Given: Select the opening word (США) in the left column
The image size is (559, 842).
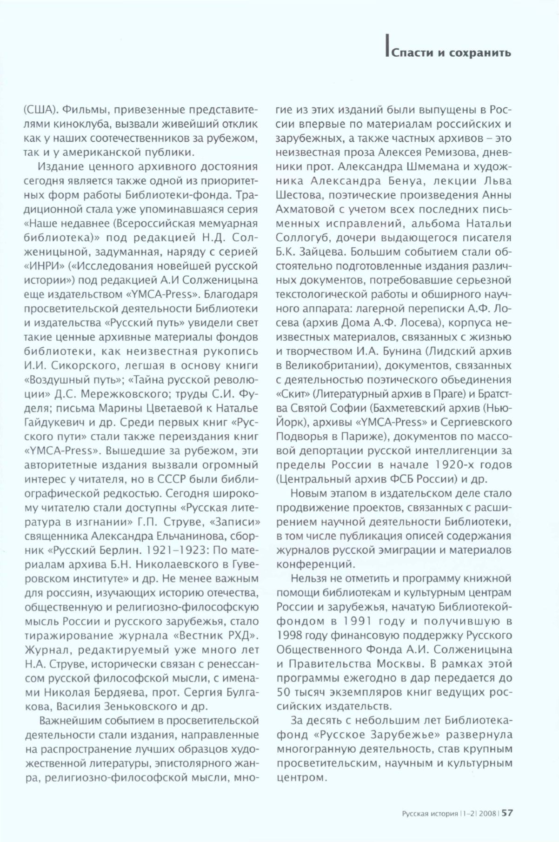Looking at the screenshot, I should pos(40,110).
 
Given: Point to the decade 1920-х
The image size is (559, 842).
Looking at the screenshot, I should pos(452,464).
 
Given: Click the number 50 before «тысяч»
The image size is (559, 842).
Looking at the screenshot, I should pos(284,692).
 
